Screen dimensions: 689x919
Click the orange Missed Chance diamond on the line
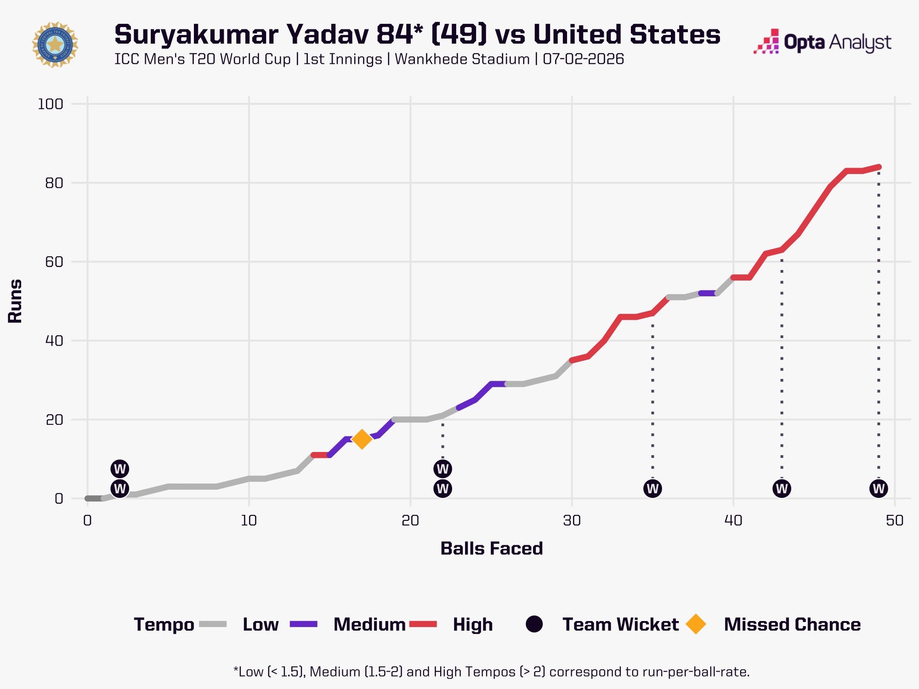[362, 439]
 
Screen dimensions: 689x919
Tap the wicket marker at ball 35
[652, 488]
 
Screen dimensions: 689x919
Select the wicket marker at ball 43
[782, 488]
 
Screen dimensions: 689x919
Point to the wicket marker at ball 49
[879, 488]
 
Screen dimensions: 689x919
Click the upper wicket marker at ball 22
[442, 469]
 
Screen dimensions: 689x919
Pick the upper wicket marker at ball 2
[120, 469]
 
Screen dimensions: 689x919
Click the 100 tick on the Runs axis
[51, 104]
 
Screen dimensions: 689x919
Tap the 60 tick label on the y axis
[54, 262]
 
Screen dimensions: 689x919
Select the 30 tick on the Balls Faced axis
[572, 520]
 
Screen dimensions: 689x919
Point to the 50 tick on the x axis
[895, 520]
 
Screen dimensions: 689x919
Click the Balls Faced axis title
[492, 548]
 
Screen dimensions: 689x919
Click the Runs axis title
[16, 301]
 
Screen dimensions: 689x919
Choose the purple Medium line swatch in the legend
[304, 624]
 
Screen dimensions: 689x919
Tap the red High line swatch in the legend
[423, 624]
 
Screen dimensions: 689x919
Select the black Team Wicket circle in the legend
[534, 624]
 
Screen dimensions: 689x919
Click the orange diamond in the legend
[696, 624]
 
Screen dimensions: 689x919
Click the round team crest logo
[55, 45]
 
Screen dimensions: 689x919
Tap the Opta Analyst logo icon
[766, 42]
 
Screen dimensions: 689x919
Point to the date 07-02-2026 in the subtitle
[583, 59]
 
